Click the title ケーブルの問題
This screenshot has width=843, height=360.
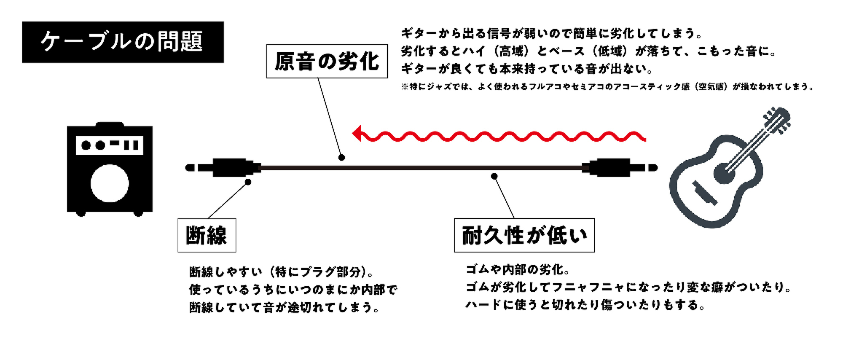click(x=122, y=42)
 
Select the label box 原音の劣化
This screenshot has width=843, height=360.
click(x=327, y=62)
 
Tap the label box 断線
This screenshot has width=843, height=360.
click(x=207, y=235)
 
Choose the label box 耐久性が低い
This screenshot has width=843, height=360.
click(x=524, y=235)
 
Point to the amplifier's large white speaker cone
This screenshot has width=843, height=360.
click(x=110, y=183)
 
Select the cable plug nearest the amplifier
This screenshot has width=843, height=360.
click(x=228, y=167)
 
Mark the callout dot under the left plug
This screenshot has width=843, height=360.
click(x=248, y=182)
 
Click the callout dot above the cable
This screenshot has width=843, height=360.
click(x=342, y=157)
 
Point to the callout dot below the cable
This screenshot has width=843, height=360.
click(x=494, y=176)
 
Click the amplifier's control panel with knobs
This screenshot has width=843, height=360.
click(x=110, y=145)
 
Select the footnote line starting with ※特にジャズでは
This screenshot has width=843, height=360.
click(x=607, y=87)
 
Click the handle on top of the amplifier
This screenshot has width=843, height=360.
click(x=110, y=124)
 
